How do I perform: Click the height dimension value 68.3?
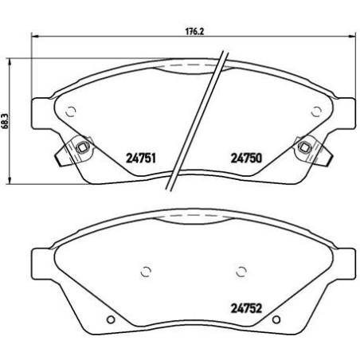[6, 119]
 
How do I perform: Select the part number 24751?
[140, 157]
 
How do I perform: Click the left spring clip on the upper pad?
[80, 149]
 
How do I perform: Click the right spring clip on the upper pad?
[304, 149]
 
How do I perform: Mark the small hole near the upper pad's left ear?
[71, 112]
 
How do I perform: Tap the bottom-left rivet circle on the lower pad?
[111, 321]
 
